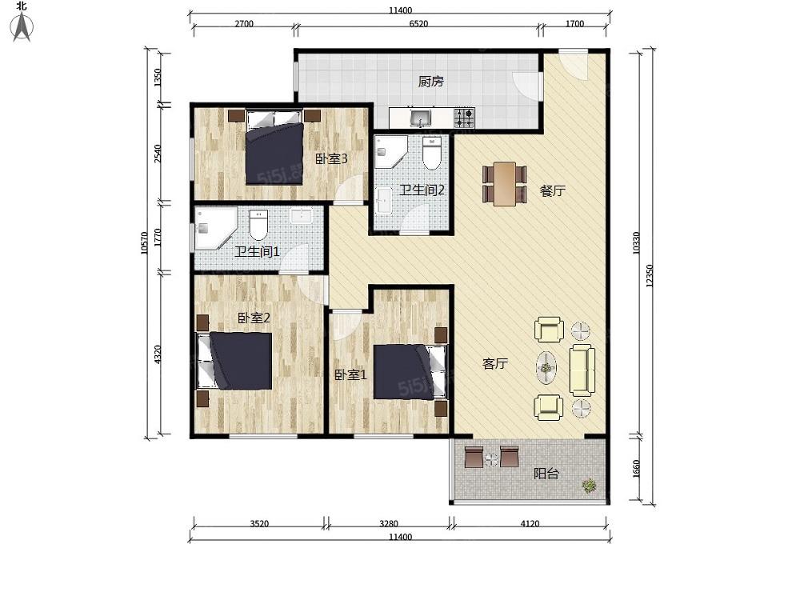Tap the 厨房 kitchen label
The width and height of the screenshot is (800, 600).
430,81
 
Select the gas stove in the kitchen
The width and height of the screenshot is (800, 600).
464,118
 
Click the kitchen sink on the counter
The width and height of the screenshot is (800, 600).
421,118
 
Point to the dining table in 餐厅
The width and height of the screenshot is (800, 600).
505,184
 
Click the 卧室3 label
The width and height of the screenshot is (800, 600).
331,158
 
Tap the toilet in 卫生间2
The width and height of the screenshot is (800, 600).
432,153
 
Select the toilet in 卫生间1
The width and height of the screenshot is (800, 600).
258,225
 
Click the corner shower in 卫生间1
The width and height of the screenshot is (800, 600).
215,228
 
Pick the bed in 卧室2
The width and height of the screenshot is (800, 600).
234,361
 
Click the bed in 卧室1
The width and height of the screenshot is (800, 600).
410,371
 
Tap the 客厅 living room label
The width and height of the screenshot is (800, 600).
495,364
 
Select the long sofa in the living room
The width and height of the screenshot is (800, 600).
582,370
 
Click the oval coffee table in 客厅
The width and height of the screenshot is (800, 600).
546,367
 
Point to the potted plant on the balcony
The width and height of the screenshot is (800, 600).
590,486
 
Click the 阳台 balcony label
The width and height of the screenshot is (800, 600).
546,474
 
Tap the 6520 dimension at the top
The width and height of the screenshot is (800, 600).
418,23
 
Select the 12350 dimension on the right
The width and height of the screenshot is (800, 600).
650,275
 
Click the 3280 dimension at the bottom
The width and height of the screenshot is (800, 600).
389,523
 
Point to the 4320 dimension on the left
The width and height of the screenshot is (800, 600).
158,354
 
